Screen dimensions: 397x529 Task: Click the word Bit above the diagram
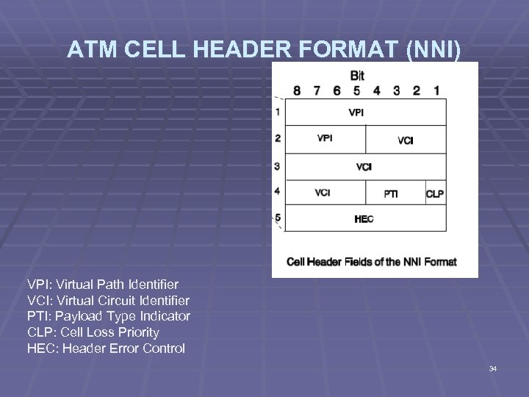tap(357, 75)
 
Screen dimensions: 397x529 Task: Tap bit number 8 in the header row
tap(297, 90)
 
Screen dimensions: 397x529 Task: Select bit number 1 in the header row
tap(436, 90)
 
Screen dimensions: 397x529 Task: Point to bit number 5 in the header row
tap(356, 90)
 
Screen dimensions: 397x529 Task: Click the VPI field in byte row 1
tap(355, 112)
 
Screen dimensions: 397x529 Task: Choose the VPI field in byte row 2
tap(325, 138)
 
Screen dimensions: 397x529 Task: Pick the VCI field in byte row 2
tap(406, 140)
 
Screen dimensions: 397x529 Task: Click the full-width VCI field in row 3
tap(364, 167)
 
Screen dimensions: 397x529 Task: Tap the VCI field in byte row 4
tap(322, 193)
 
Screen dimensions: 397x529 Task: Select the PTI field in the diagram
tap(392, 194)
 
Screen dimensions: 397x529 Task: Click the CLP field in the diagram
tap(435, 194)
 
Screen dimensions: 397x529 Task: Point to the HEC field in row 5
tap(364, 219)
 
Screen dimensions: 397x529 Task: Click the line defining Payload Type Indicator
tap(109, 316)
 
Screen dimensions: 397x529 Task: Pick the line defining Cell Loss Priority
tap(93, 332)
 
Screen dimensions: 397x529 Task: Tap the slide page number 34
tap(493, 368)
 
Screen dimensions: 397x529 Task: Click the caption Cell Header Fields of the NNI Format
tap(372, 262)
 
